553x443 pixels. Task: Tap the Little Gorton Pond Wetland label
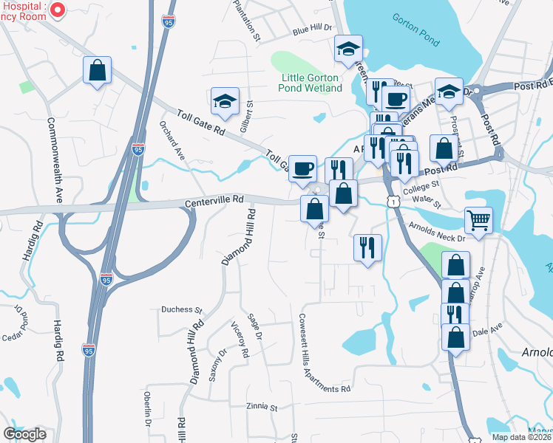click(311, 83)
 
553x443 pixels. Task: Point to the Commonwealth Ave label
click(55, 159)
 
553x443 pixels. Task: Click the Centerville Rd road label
click(214, 200)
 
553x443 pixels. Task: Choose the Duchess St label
click(182, 310)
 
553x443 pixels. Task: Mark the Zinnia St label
click(262, 407)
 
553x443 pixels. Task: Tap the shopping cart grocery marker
click(478, 219)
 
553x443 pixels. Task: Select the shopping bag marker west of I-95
click(97, 71)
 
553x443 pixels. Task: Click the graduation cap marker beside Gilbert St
click(225, 100)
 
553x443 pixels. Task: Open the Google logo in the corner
click(24, 434)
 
